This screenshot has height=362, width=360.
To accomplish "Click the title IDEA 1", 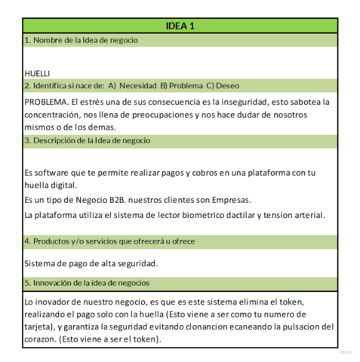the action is pyautogui.click(x=180, y=26).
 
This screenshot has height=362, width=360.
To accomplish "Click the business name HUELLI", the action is pyautogui.click(x=37, y=73).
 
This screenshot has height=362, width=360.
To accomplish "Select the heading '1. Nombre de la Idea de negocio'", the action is pyautogui.click(x=81, y=40).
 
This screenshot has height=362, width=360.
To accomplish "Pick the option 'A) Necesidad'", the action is pyautogui.click(x=133, y=85).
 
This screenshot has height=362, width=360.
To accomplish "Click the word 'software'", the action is pyautogui.click(x=55, y=173).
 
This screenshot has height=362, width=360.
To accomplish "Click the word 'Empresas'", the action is pyautogui.click(x=229, y=200).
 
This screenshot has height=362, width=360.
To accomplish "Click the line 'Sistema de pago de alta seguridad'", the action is pyautogui.click(x=91, y=263).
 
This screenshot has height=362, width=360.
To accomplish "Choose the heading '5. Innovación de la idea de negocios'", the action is pyautogui.click(x=87, y=283).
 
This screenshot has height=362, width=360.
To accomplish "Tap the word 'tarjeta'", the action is pyautogui.click(x=39, y=327).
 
